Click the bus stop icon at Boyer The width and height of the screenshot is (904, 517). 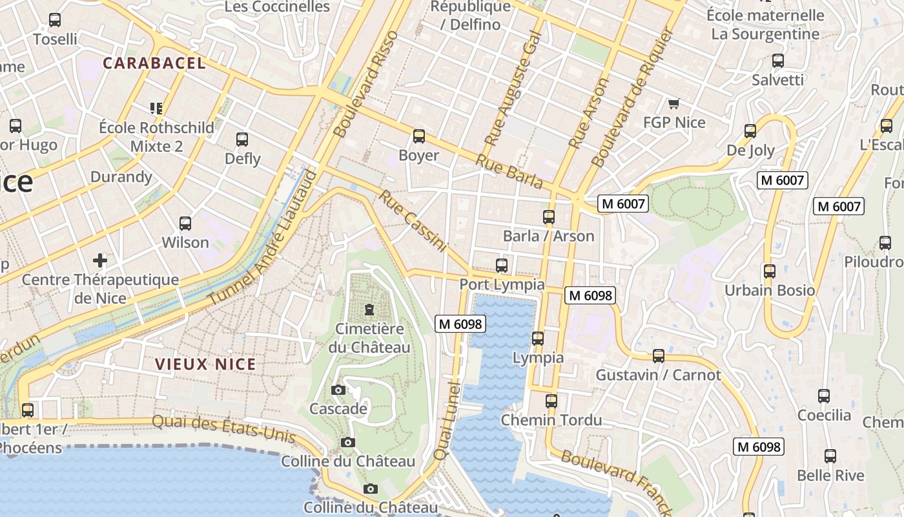tap(419, 136)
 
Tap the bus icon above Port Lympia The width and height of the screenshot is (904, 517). tap(501, 265)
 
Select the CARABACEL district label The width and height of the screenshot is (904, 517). tap(154, 63)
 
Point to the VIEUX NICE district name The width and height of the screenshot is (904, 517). tap(205, 364)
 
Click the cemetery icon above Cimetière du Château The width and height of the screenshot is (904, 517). tap(369, 310)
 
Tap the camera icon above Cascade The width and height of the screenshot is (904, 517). tap(338, 390)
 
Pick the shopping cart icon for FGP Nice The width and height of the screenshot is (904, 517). tap(674, 103)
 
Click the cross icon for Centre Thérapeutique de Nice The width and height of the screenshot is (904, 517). tap(100, 260)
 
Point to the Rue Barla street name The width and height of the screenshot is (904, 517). tap(510, 172)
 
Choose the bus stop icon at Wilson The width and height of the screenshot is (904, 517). tap(185, 224)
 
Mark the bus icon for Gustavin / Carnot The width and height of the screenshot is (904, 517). tap(658, 356)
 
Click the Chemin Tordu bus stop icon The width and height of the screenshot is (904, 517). tap(551, 401)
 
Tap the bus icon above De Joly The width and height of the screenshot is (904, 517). tap(750, 131)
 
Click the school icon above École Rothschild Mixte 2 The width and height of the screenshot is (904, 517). tap(156, 108)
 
